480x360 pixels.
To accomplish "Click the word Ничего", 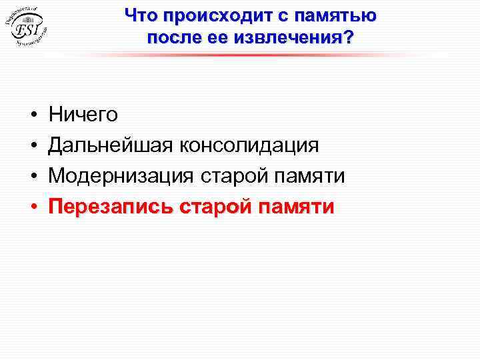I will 83,115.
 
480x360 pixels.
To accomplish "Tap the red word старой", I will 216,207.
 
